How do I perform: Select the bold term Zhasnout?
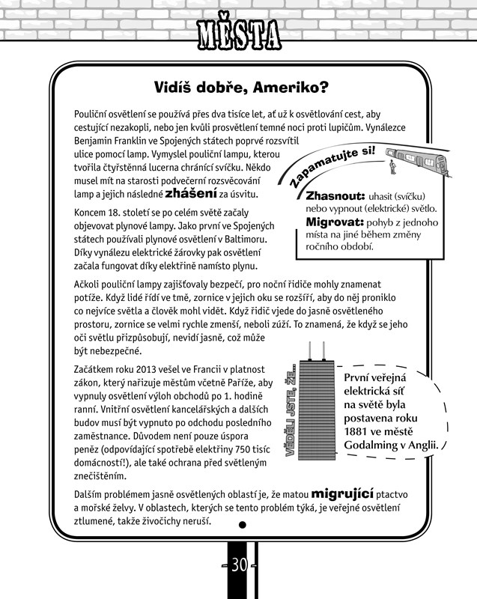tap(334, 195)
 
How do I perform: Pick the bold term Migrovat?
tap(334, 222)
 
